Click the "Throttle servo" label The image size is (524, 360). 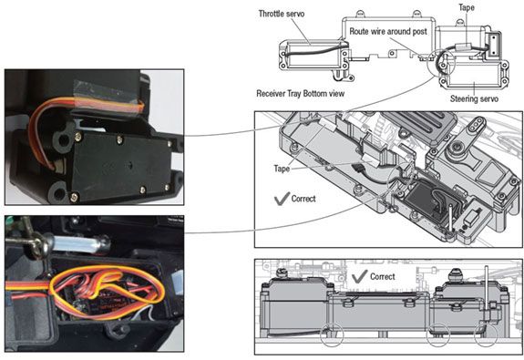[282, 14]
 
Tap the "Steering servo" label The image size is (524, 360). [474, 98]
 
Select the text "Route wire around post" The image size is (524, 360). [388, 31]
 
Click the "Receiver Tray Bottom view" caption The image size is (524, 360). [300, 93]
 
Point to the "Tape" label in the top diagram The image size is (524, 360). [467, 7]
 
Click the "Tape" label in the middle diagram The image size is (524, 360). [282, 169]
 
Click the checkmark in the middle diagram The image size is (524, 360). [282, 199]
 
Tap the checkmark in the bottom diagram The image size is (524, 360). [360, 277]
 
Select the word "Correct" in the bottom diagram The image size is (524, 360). [383, 277]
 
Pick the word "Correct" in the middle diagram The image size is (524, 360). [303, 199]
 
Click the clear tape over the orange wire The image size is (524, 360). [107, 95]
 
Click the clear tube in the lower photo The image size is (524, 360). [79, 242]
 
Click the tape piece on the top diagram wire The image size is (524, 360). [464, 47]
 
